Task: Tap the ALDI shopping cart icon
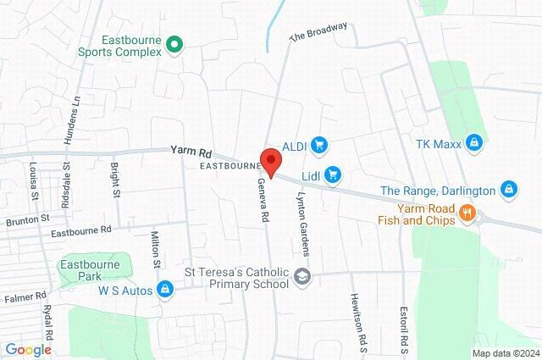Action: (319, 145)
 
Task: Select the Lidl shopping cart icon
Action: (333, 174)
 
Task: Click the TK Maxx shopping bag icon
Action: (475, 143)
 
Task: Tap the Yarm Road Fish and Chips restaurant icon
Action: (466, 213)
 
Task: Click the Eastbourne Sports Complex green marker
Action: (174, 43)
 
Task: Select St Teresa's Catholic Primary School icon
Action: (302, 276)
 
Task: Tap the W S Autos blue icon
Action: (166, 291)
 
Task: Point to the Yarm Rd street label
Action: (190, 151)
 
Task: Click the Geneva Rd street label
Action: (264, 200)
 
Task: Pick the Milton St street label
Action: (156, 249)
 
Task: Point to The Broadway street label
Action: (318, 31)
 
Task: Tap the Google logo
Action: (28, 349)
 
